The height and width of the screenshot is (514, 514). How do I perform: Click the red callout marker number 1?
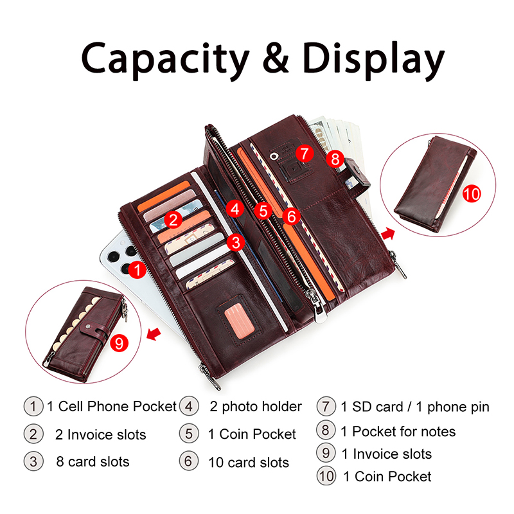[137, 269]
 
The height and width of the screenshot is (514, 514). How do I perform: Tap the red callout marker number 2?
[173, 219]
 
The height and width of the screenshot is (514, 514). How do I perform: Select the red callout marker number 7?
[305, 153]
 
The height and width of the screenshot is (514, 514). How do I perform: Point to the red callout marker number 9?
[119, 343]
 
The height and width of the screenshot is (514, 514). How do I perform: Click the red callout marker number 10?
[472, 194]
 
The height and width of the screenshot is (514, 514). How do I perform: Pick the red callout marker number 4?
[235, 209]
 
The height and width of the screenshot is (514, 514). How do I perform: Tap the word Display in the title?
[373, 60]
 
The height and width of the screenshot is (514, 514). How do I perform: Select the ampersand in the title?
[276, 58]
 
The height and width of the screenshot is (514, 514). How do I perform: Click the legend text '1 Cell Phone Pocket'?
[112, 407]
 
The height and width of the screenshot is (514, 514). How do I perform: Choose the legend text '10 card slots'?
[249, 463]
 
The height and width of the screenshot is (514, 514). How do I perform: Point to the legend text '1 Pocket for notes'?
[398, 431]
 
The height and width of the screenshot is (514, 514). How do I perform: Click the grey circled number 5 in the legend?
[189, 433]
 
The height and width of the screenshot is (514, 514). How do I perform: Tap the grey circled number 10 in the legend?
[326, 476]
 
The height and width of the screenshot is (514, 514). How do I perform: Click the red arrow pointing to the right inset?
[388, 234]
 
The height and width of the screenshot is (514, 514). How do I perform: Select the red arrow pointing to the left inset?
[154, 334]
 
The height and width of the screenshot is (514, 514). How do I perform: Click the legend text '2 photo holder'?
[256, 407]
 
